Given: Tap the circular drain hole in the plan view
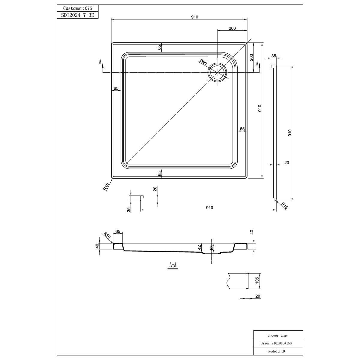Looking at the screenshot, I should click(x=218, y=72).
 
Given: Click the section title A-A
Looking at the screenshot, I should click(x=172, y=265).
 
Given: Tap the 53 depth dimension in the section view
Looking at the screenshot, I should click(x=211, y=247).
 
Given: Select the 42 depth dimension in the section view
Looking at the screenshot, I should click(x=199, y=247).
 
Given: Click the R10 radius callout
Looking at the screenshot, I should click(x=107, y=235).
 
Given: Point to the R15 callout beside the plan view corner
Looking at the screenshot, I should click(x=105, y=187).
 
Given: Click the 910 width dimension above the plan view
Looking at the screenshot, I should click(x=194, y=17).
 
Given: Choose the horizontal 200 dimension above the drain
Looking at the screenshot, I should click(x=232, y=28).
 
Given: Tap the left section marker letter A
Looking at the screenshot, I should click(x=100, y=61).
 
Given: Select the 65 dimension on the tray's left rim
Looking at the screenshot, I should click(x=116, y=88).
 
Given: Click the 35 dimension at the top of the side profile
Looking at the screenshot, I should click(x=273, y=56).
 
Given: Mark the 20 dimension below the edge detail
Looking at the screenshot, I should click(x=258, y=296).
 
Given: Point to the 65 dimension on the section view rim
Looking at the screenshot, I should click(x=118, y=231).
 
